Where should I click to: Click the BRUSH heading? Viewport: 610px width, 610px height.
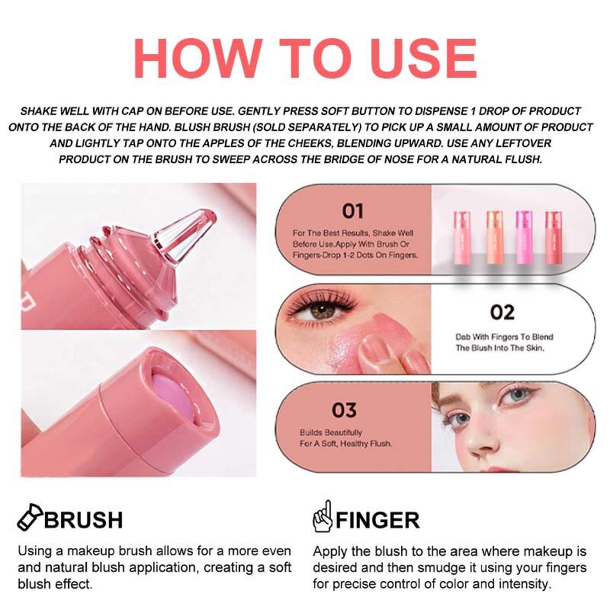(x=83, y=520)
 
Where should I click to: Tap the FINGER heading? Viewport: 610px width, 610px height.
(x=378, y=520)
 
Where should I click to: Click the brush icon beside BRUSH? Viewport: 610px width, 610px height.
(x=29, y=518)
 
